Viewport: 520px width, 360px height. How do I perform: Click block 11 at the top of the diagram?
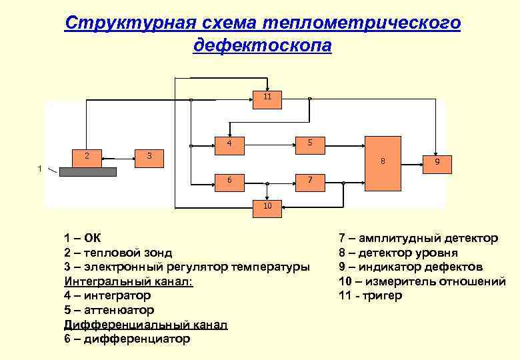pos(267,97)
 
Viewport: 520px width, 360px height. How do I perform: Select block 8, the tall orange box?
pos(383,161)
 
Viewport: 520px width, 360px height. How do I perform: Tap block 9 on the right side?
pos(436,162)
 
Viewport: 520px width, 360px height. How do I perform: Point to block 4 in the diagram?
pos(229,143)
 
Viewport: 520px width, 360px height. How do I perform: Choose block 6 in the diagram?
pos(229,180)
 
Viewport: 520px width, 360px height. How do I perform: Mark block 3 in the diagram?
pos(149,156)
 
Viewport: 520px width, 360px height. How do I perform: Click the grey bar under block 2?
pos(87,171)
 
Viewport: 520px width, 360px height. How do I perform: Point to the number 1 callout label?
pos(40,168)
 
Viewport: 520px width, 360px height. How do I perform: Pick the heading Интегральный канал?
pos(128,281)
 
